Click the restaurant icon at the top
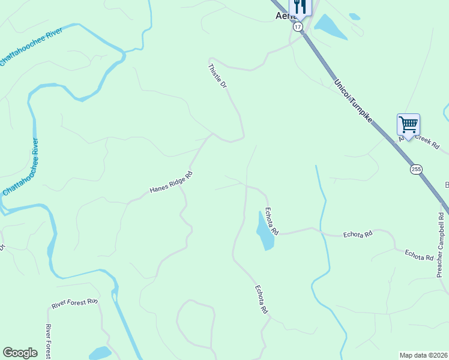[301, 7]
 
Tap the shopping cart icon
[408, 125]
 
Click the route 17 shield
[298, 27]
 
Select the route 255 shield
[417, 169]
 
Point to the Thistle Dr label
[218, 77]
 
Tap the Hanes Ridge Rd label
[171, 183]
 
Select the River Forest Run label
[74, 304]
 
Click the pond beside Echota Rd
[265, 231]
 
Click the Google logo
[20, 353]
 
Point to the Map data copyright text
[423, 355]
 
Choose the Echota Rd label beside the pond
[273, 221]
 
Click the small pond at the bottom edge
[100, 353]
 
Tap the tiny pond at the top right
[355, 17]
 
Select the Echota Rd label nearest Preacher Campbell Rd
[419, 255]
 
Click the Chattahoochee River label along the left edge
[21, 167]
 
